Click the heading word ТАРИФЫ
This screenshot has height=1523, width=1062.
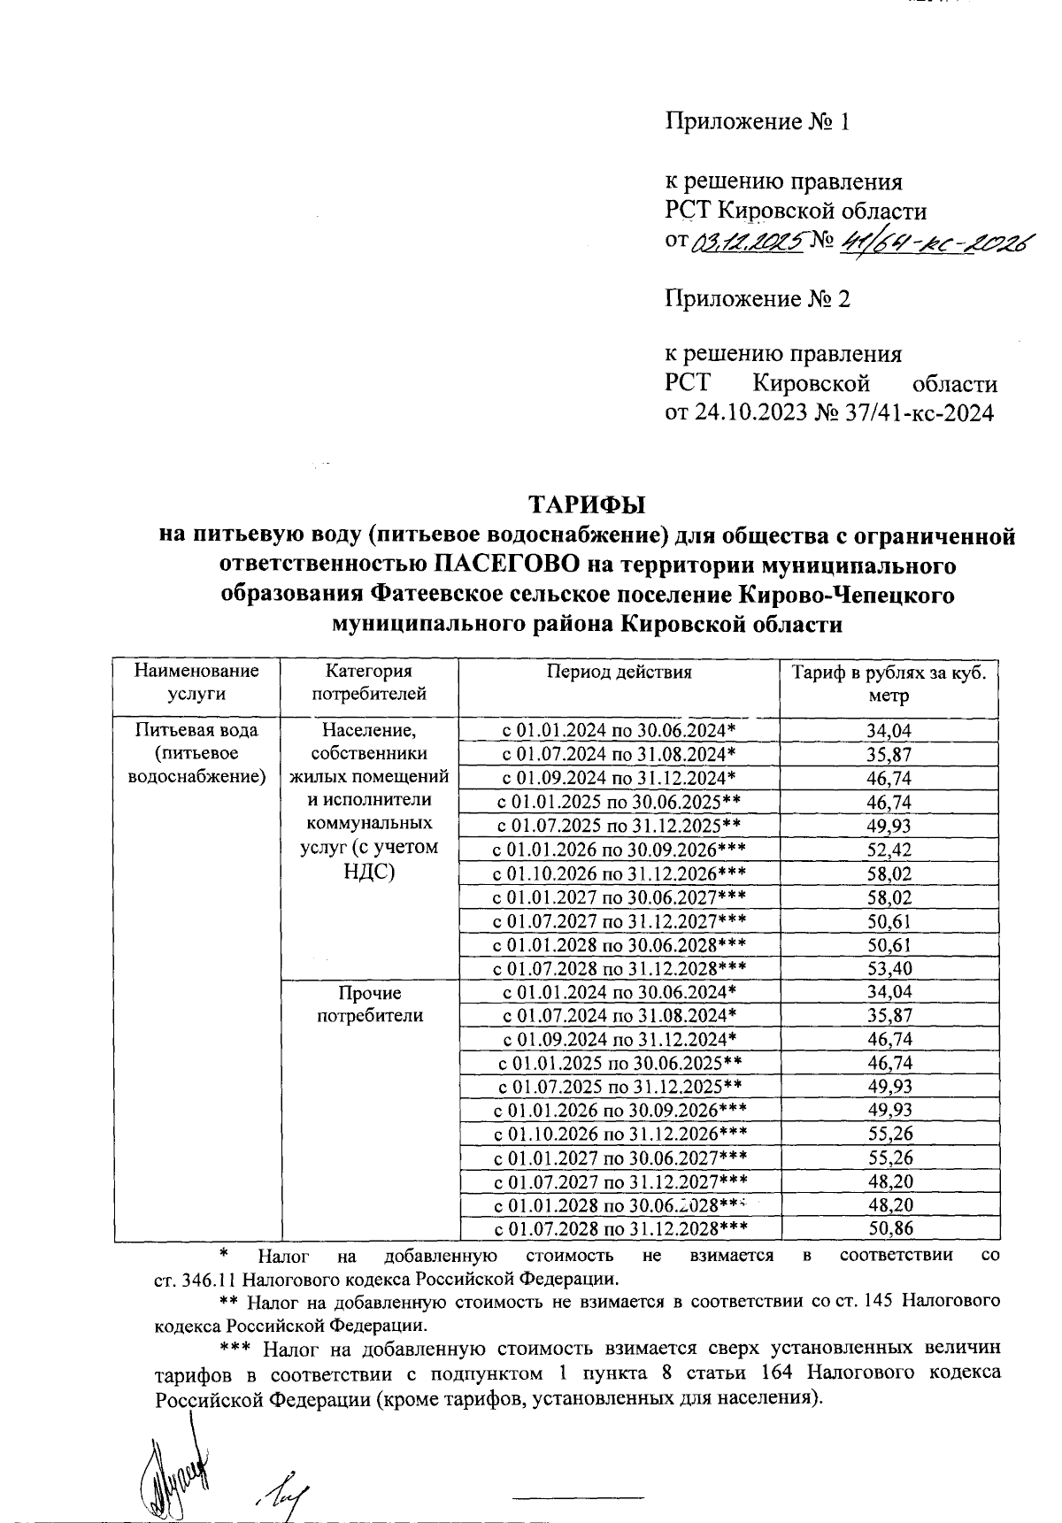tap(587, 505)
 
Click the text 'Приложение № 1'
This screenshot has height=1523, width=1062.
tap(757, 122)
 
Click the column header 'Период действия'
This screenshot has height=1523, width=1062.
tap(618, 672)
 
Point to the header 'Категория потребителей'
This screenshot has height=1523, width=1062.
tap(369, 682)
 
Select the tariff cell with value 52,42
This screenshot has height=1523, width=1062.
tap(889, 850)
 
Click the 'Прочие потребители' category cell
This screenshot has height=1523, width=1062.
tap(370, 1004)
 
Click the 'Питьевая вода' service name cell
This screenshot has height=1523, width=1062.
tap(196, 731)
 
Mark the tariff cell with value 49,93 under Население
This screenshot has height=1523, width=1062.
tap(889, 827)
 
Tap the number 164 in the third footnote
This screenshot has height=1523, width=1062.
tap(777, 1373)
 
